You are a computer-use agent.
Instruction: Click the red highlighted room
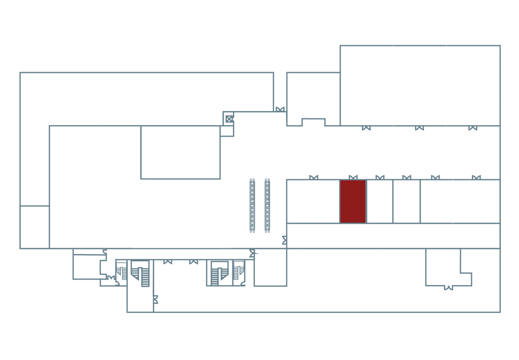[353, 202]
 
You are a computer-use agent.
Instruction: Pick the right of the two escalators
[267, 205]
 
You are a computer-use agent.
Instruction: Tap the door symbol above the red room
[353, 178]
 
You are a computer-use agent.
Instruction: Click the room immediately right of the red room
[379, 202]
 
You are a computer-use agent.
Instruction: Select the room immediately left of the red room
[313, 202]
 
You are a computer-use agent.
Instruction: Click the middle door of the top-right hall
[419, 128]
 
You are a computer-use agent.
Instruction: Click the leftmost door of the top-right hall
[366, 128]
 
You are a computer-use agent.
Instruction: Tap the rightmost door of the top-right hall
[472, 128]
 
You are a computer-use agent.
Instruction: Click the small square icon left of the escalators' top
[228, 119]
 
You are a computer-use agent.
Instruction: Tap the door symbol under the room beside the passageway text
[449, 287]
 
